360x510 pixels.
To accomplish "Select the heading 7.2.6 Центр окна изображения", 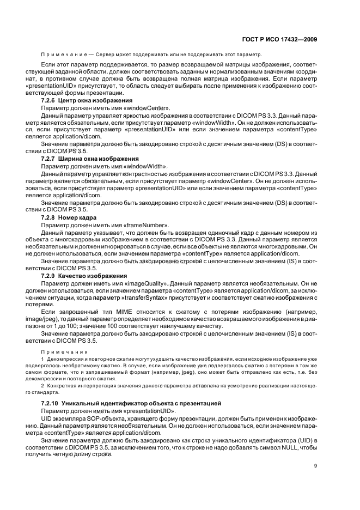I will [86, 101].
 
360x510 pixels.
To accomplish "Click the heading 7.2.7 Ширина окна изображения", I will [88, 158].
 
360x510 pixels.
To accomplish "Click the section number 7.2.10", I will [51, 403].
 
